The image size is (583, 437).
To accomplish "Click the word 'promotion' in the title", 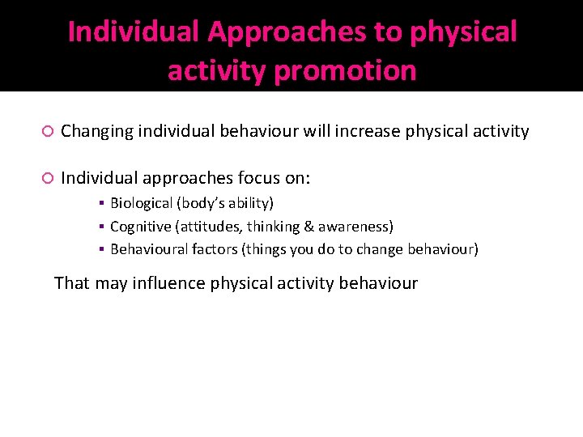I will pos(346,71).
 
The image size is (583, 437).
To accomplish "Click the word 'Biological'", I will pos(143,203).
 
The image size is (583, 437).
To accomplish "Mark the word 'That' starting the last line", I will pos(70,283).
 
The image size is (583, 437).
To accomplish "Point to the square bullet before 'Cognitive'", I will pos(103,227).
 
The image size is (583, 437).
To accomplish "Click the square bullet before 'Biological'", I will pos(103,204).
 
